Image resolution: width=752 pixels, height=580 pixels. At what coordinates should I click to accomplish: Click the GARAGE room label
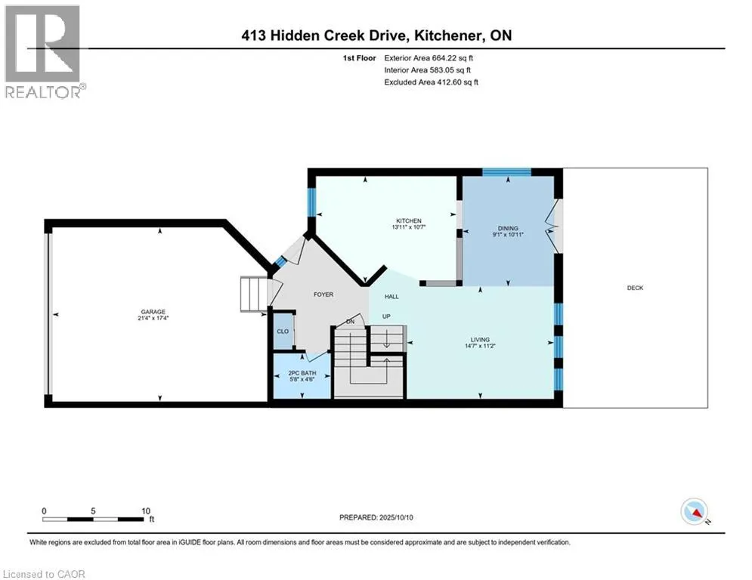[x=153, y=312]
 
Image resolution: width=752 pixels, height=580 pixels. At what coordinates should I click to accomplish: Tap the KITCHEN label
[x=409, y=221]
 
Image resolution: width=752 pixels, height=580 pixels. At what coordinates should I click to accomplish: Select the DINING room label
[x=508, y=228]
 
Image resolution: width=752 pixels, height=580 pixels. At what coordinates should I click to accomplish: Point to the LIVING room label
[x=480, y=339]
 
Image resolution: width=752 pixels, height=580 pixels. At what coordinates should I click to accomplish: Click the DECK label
[x=635, y=288]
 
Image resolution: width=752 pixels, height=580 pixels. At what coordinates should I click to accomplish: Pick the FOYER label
[x=323, y=295]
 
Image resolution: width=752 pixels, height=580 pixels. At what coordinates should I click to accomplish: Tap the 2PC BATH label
[x=302, y=373]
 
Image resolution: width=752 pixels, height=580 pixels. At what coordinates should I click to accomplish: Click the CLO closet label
[x=283, y=332]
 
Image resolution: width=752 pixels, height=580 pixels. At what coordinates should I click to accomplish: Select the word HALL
[x=391, y=296]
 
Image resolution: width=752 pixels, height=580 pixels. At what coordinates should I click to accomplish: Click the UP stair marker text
[x=386, y=316]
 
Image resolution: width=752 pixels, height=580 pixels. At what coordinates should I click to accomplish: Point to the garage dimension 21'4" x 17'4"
[x=153, y=318]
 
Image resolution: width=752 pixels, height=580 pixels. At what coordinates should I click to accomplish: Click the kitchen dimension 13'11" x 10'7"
[x=409, y=227]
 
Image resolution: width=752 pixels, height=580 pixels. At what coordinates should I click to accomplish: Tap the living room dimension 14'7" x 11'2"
[x=480, y=346]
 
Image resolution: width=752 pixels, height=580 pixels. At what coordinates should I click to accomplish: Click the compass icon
[x=695, y=512]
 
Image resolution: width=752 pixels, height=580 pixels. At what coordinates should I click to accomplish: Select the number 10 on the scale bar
[x=146, y=511]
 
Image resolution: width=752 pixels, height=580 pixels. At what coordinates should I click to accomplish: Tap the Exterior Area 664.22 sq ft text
[x=429, y=58]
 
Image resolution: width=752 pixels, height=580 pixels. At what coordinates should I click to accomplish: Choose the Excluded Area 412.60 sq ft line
[x=431, y=82]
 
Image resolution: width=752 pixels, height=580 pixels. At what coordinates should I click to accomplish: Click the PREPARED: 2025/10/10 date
[x=376, y=517]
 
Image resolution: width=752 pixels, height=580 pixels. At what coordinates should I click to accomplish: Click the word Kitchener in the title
[x=448, y=35]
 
